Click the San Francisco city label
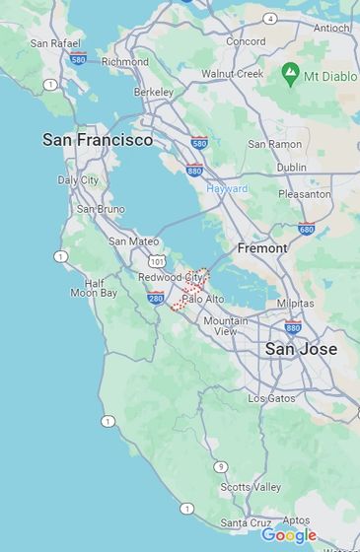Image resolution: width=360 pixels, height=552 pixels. click(x=98, y=140)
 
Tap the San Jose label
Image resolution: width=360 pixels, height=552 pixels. click(x=301, y=349)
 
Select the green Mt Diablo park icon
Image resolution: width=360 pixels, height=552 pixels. click(x=291, y=72)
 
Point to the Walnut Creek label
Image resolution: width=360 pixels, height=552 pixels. click(x=233, y=74)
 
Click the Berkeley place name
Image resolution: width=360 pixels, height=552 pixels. click(x=153, y=92)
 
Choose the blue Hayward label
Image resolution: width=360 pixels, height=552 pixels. click(x=228, y=188)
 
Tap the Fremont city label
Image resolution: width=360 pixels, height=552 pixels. click(x=262, y=248)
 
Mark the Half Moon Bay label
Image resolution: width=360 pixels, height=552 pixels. click(x=94, y=287)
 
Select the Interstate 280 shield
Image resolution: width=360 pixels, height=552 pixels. click(x=155, y=297)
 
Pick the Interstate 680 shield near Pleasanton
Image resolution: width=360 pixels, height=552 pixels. click(x=306, y=230)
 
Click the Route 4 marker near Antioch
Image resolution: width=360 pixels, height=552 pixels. click(x=270, y=18)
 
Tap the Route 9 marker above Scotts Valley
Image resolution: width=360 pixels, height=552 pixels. click(x=221, y=466)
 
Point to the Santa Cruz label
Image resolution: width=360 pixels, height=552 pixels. click(x=246, y=522)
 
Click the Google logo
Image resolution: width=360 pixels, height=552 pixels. click(x=288, y=535)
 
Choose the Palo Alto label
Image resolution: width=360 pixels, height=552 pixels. click(x=203, y=298)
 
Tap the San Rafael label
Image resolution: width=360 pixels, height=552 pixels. click(x=53, y=43)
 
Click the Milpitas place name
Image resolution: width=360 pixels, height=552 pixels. click(x=296, y=305)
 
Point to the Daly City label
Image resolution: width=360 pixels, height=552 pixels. click(x=78, y=180)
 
